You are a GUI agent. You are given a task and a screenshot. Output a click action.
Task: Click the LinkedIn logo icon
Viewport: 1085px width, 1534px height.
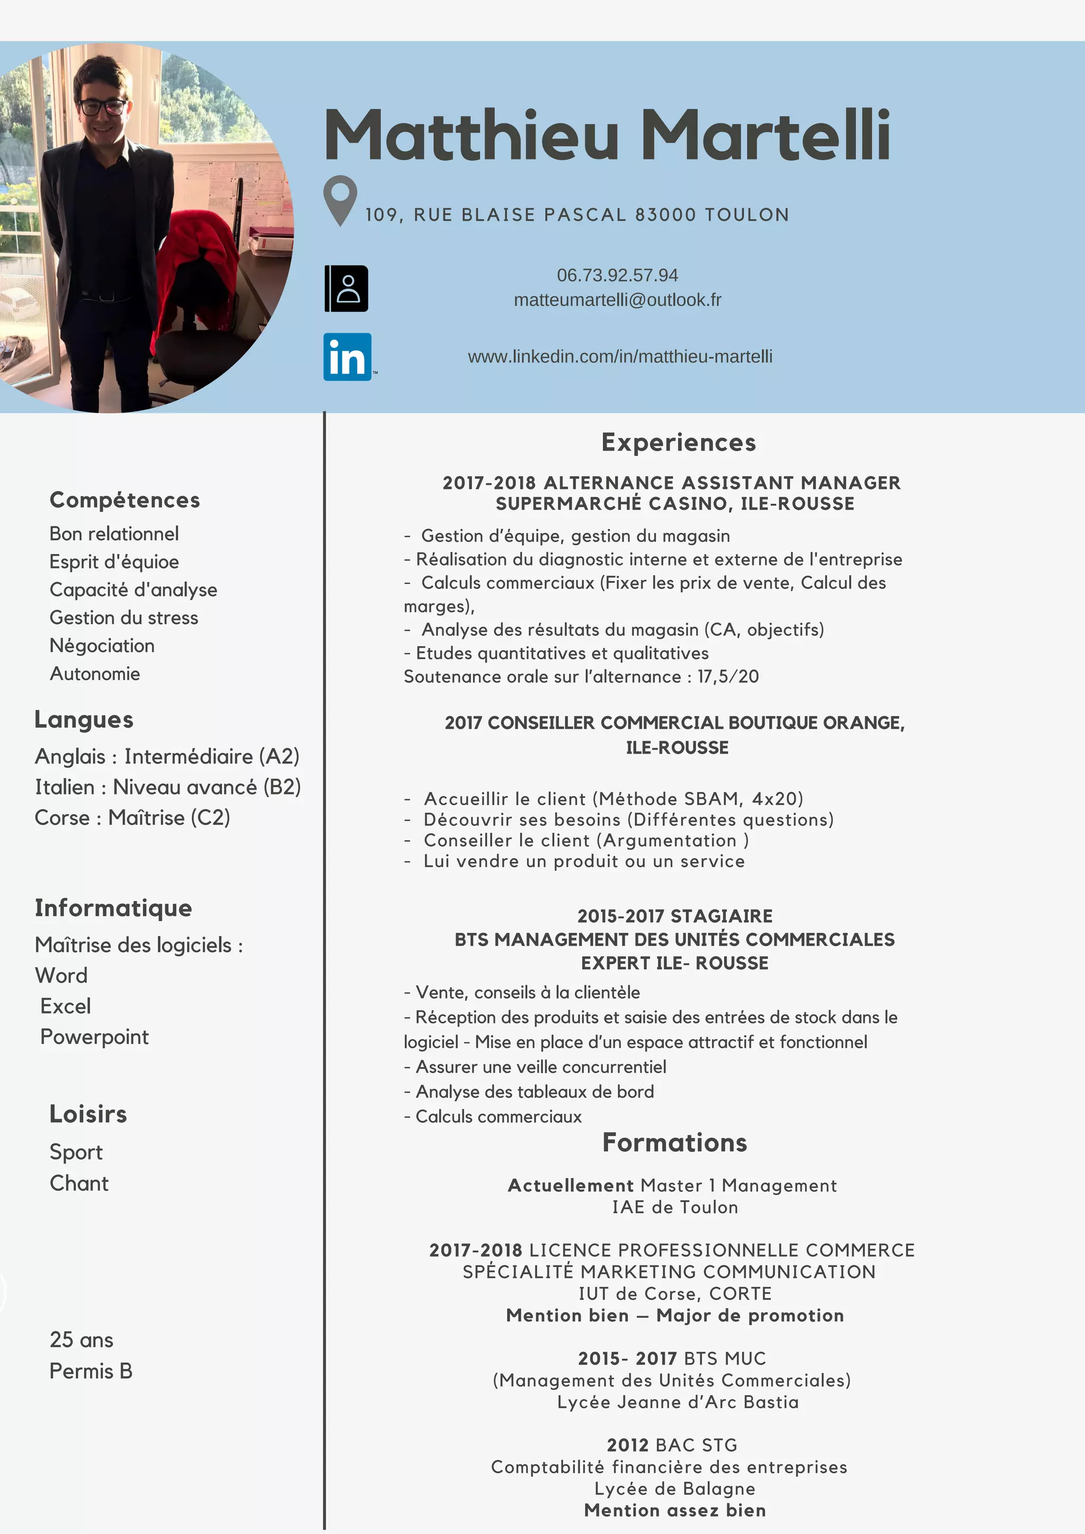(348, 357)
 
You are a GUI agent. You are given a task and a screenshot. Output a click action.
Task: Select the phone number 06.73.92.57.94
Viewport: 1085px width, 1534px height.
(617, 275)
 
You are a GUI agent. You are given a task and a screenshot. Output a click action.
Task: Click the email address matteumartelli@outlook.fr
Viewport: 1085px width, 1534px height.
(617, 300)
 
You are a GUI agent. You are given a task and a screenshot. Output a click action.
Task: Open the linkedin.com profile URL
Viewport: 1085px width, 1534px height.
(620, 357)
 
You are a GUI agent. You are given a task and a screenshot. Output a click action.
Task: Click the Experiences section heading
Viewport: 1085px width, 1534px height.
(678, 442)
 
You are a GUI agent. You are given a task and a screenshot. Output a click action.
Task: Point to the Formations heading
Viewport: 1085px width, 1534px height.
(675, 1143)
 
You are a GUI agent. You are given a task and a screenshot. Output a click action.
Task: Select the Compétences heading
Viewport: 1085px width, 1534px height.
(125, 500)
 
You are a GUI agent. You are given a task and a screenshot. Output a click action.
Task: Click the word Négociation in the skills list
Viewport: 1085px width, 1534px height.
(102, 645)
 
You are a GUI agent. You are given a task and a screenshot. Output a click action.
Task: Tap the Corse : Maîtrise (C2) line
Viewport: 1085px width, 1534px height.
(132, 817)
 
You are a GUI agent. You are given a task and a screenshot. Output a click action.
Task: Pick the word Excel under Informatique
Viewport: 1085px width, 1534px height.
(66, 1006)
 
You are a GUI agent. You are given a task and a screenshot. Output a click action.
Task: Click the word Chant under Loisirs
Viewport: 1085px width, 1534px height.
(79, 1183)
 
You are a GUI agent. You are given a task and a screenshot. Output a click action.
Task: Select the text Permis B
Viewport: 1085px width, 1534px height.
(91, 1371)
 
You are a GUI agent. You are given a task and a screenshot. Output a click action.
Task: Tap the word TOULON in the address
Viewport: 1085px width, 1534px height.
(747, 215)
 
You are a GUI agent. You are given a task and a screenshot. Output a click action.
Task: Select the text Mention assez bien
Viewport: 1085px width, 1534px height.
(675, 1510)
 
